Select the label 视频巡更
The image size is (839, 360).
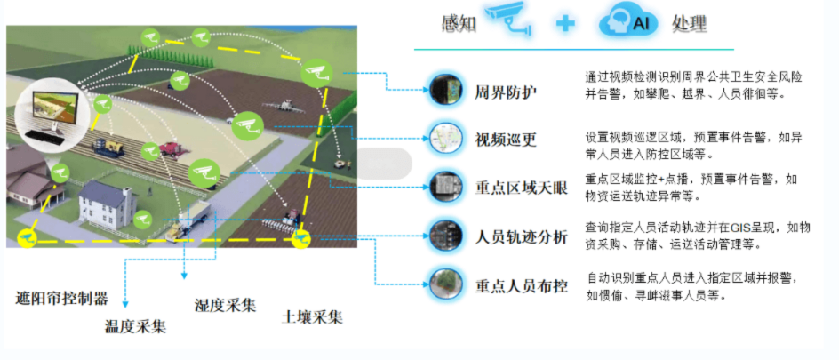coord(506,140)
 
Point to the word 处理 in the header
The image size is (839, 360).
coord(691,23)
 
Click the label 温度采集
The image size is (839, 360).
coord(135,325)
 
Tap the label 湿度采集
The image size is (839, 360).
coord(226,305)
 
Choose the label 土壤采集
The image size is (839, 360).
coord(313,317)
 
